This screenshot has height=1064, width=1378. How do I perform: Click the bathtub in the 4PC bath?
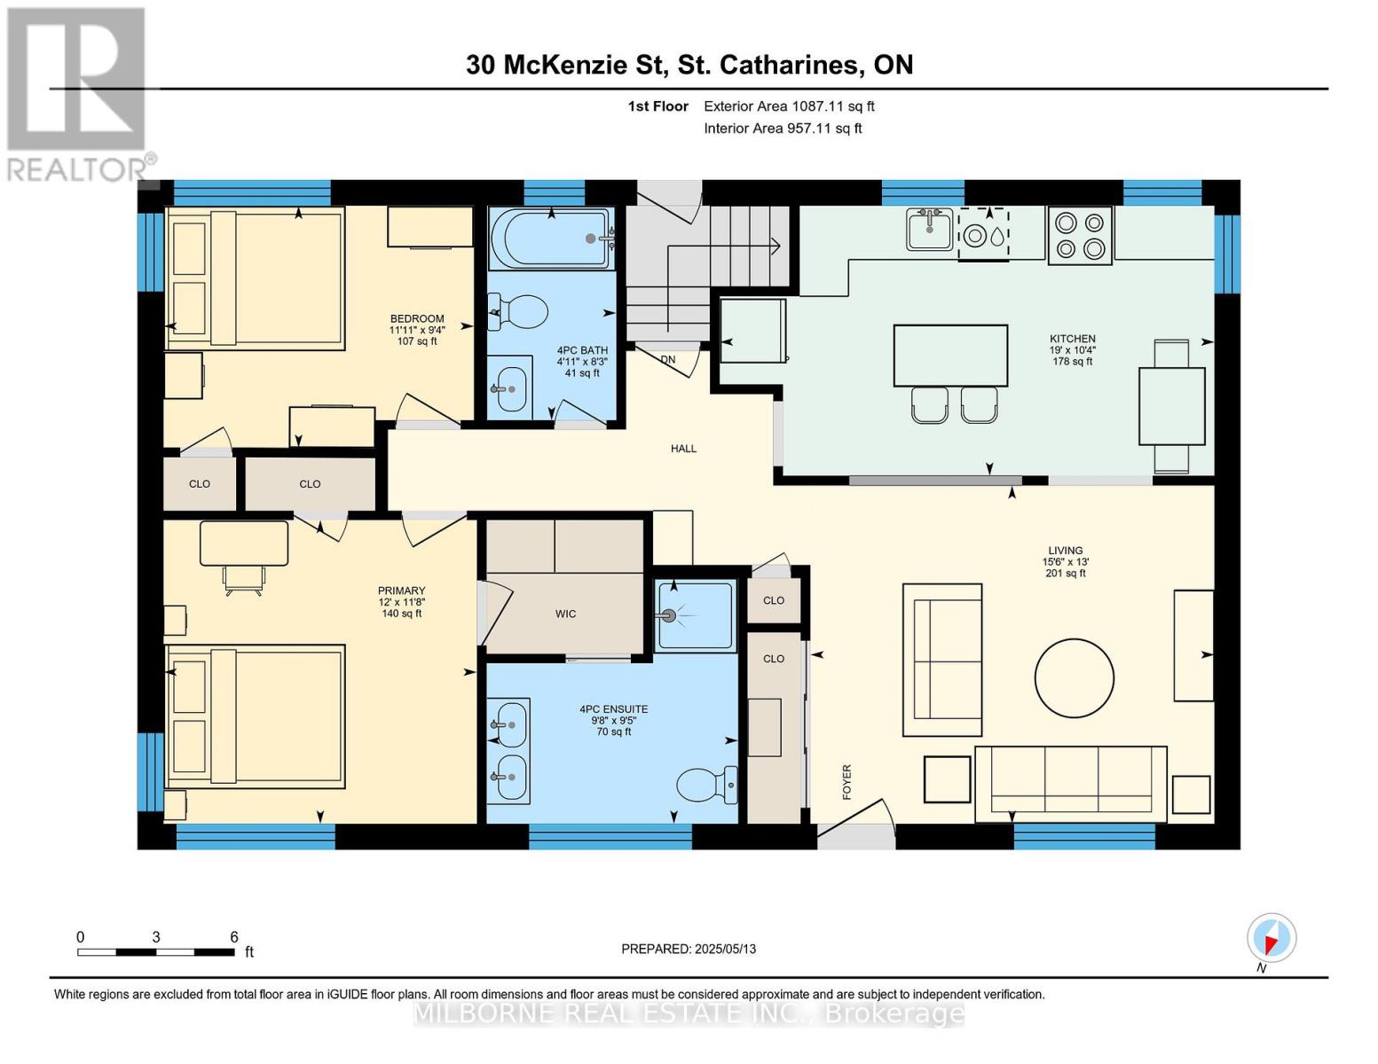click(550, 238)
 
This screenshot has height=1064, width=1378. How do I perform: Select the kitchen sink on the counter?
click(929, 230)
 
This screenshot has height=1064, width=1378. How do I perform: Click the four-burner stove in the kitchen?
click(1080, 236)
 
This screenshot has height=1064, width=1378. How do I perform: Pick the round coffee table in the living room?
click(1074, 677)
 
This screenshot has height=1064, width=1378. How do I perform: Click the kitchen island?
click(950, 356)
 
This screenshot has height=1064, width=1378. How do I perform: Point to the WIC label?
click(565, 614)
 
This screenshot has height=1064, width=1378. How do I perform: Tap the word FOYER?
click(846, 782)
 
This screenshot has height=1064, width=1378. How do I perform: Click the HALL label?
click(683, 449)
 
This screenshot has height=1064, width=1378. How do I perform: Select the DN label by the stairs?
click(668, 359)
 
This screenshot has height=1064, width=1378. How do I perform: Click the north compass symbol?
click(1272, 938)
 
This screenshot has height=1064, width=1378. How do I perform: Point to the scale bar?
click(156, 952)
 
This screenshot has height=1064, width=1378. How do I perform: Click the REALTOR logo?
click(77, 93)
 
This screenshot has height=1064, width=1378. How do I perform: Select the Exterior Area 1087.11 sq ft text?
click(789, 106)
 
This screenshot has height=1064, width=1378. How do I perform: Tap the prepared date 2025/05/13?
click(689, 949)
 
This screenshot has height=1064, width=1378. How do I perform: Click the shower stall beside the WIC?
click(696, 615)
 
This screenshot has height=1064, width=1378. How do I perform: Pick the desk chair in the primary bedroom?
click(243, 579)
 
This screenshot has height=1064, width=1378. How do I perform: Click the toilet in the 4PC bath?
click(520, 311)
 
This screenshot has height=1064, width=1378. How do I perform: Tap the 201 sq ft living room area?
click(1065, 574)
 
